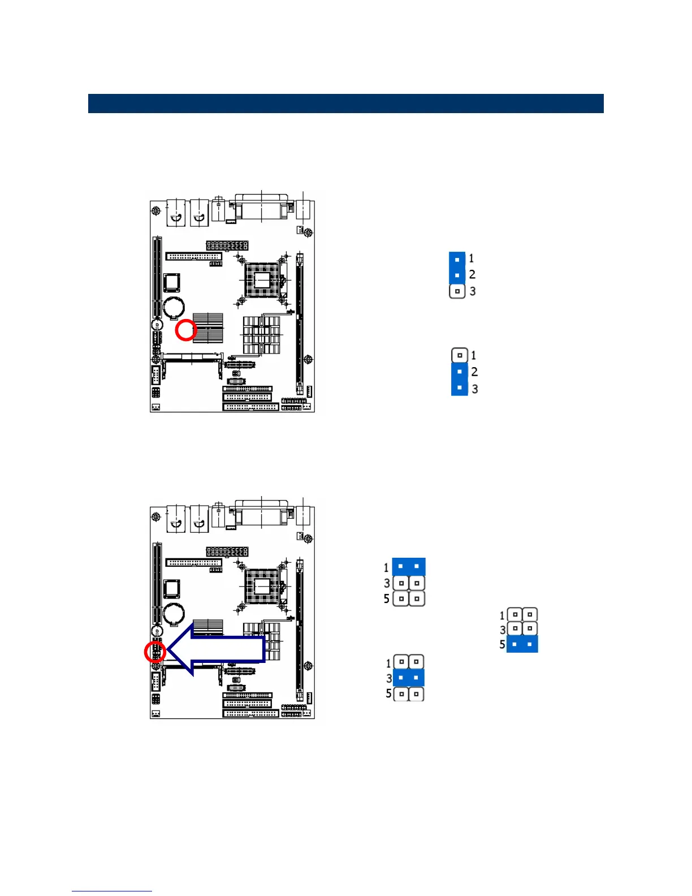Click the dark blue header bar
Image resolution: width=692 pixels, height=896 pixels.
[x=345, y=104]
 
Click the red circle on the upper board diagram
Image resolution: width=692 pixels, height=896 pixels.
[x=185, y=330]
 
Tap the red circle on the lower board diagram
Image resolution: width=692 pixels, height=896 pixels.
[x=155, y=652]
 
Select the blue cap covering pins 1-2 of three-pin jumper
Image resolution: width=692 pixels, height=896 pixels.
[x=457, y=268]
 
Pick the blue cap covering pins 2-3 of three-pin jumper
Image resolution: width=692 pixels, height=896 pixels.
[x=460, y=380]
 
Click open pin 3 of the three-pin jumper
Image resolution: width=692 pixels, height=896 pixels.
[x=457, y=291]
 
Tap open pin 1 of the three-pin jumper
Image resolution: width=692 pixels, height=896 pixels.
[x=460, y=355]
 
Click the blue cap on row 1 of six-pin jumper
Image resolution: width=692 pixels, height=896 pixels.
[x=408, y=566]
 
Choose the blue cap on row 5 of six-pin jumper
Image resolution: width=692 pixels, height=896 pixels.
[x=522, y=644]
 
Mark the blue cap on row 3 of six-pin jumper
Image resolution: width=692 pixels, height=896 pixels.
[x=408, y=678]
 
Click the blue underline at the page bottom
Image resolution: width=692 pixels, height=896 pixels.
[x=112, y=891]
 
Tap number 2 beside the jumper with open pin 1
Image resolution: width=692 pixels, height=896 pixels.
[x=474, y=372]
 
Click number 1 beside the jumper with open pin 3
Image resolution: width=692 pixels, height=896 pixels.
[x=472, y=259]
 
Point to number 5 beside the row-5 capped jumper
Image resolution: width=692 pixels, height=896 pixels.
[x=502, y=644]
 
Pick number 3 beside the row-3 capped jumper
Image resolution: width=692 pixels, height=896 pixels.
[x=389, y=678]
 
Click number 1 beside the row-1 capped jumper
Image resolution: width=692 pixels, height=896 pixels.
[x=386, y=567]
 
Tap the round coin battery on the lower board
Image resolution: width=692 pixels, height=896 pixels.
[x=173, y=613]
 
